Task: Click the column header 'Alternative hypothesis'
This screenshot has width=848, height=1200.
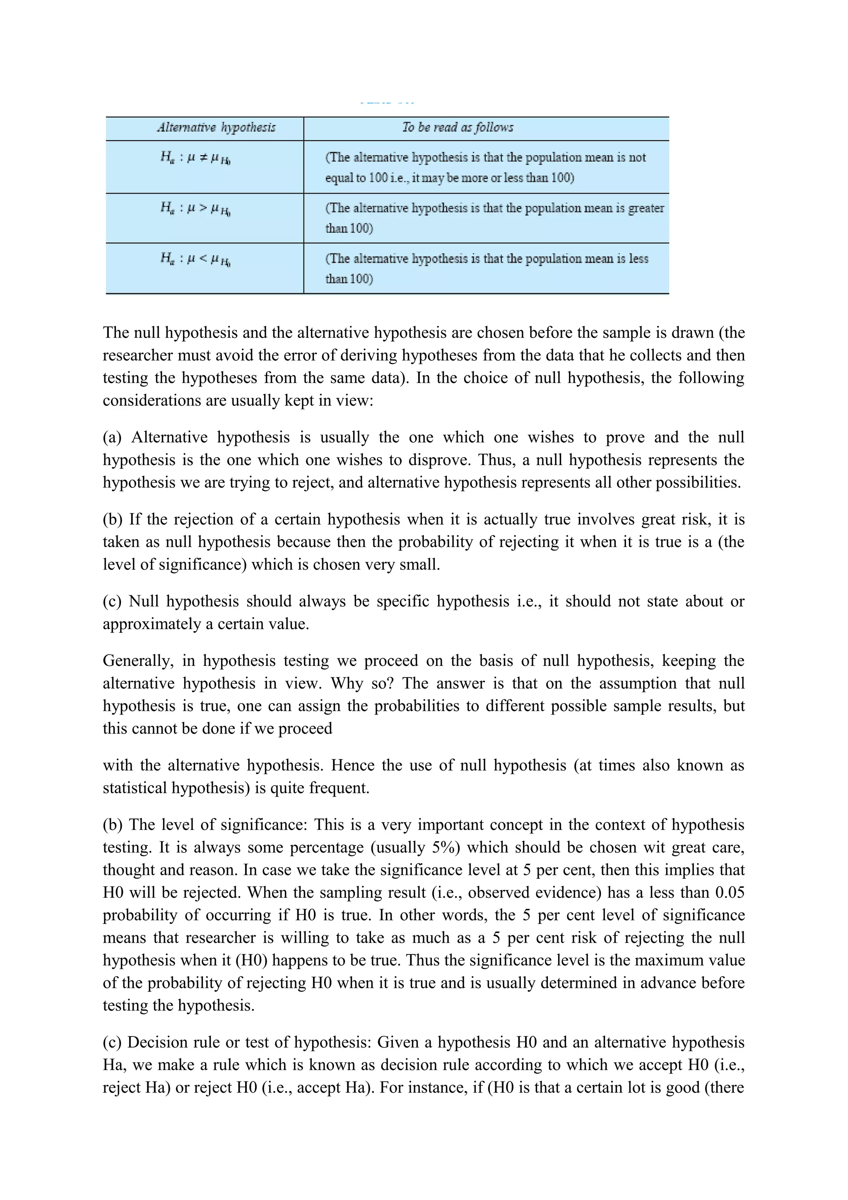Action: pyautogui.click(x=216, y=128)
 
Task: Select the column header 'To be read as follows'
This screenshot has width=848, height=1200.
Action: pyautogui.click(x=458, y=128)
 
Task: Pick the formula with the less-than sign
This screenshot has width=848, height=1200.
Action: pyautogui.click(x=195, y=259)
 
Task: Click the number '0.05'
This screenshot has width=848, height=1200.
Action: pyautogui.click(x=730, y=892)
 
